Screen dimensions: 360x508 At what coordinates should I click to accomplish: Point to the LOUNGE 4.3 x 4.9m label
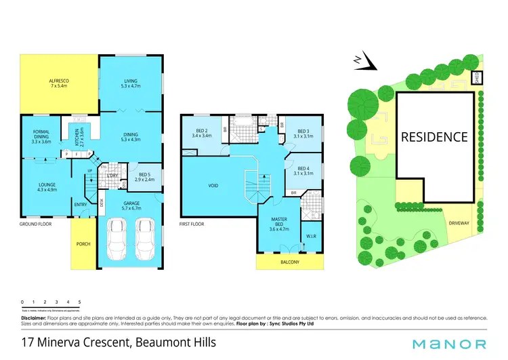click(x=47, y=187)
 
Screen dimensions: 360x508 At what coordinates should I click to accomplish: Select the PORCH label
click(x=83, y=244)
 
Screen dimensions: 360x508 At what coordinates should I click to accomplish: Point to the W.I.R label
click(x=312, y=237)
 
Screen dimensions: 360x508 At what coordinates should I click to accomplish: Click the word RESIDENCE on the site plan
click(x=434, y=137)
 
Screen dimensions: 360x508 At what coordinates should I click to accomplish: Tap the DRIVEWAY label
click(x=457, y=223)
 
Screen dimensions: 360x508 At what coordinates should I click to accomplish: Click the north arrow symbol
click(x=366, y=62)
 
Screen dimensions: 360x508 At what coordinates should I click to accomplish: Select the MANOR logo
click(x=450, y=344)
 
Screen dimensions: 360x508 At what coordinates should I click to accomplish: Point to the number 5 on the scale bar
click(x=80, y=301)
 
